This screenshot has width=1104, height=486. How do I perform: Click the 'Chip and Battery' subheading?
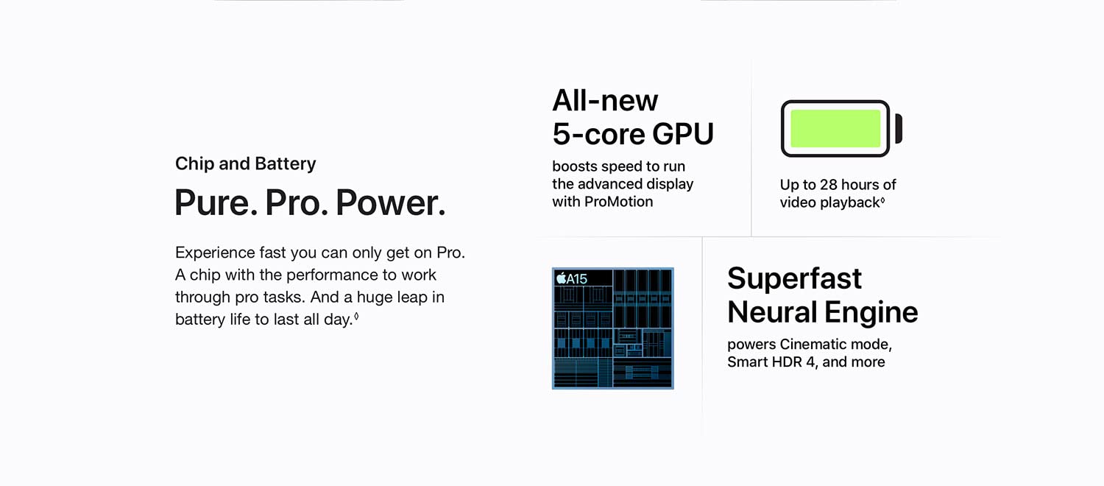tap(245, 163)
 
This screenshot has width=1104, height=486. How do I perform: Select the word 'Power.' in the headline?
tap(391, 202)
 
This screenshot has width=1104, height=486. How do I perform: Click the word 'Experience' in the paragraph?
tap(216, 253)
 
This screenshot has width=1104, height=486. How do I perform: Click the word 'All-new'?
tap(605, 101)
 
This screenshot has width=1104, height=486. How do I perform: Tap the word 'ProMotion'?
tap(618, 202)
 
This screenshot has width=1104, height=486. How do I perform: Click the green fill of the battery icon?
tap(835, 129)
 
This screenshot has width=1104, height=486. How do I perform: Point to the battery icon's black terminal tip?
tap(899, 129)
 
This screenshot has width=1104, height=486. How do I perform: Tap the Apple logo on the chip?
tap(561, 278)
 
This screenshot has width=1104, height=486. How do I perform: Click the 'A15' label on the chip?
tap(576, 279)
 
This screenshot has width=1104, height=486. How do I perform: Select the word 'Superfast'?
tap(794, 278)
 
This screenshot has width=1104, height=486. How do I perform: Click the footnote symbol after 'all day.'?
tap(356, 317)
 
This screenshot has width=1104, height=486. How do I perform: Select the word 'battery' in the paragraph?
tap(200, 320)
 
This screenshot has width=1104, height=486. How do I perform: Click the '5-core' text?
tap(598, 134)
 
